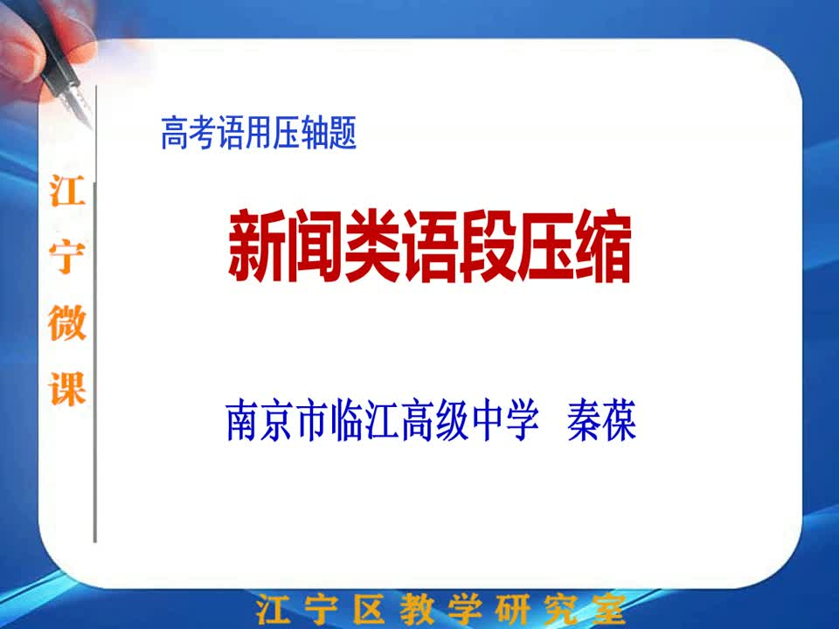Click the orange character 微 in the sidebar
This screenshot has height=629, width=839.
pos(67,322)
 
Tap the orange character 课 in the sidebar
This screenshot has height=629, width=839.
pos(67,388)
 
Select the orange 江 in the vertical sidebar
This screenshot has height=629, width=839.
pos(67,191)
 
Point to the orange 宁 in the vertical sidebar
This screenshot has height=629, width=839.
pos(67,257)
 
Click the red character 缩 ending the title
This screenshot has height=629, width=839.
pos(602,246)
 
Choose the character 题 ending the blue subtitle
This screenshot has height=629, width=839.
pos(343,133)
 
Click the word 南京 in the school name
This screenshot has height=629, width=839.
pos(259,420)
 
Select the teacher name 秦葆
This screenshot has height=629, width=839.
pos(602,420)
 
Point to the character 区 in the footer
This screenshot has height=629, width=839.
pos(369,609)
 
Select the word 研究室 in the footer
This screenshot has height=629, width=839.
pos(559,609)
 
